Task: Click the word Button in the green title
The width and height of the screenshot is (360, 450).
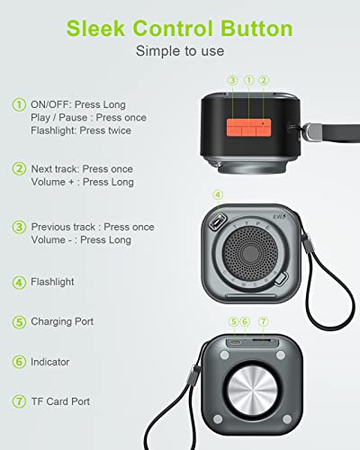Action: click(256, 29)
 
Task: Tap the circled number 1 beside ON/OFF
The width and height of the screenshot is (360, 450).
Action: click(19, 105)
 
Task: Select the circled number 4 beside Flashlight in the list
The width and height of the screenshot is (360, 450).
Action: click(19, 283)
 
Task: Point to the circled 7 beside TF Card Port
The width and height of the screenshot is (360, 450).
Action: click(19, 401)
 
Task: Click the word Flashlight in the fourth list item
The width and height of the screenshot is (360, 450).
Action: click(52, 282)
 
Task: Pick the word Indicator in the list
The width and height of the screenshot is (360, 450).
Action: click(50, 362)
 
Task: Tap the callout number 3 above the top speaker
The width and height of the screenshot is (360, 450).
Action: click(233, 80)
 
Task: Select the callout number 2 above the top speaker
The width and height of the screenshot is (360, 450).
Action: click(264, 80)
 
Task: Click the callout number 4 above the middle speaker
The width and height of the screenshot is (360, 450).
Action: click(218, 194)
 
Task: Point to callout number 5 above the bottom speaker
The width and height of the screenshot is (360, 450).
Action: click(234, 321)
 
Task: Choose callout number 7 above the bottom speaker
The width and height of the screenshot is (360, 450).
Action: click(264, 321)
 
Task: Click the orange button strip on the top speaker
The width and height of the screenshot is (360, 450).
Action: click(248, 127)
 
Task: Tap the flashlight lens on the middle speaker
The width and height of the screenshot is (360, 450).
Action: click(217, 222)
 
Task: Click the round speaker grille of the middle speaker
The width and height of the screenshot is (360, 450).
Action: click(251, 254)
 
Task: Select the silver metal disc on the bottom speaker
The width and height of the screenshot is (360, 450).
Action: click(252, 391)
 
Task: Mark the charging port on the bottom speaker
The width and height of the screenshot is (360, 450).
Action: click(235, 342)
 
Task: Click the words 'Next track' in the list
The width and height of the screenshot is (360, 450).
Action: click(55, 169)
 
